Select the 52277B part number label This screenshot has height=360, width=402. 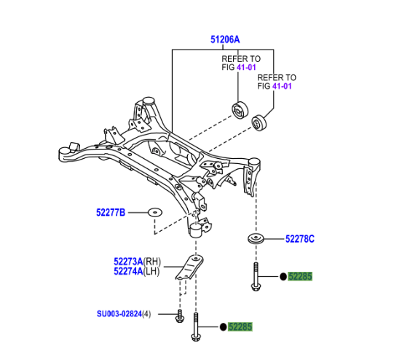[111, 213]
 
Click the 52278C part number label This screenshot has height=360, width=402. [300, 238]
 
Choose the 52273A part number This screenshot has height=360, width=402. [127, 261]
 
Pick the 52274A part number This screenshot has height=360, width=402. [127, 271]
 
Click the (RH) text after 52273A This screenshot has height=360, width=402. [152, 261]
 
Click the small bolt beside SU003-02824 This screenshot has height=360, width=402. [179, 316]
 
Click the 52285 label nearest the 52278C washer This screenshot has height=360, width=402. [299, 276]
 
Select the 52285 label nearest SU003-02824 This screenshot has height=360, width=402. [240, 328]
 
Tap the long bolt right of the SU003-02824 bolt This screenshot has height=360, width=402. [197, 328]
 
